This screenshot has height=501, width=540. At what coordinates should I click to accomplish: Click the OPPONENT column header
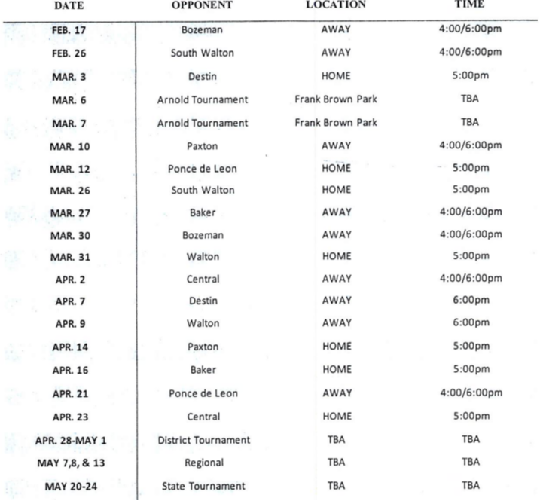tap(203, 5)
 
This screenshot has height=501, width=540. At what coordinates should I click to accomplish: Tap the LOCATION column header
tap(336, 5)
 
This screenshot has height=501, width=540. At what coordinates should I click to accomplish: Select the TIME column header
tap(470, 4)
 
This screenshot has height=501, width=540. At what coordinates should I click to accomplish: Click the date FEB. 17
tap(69, 30)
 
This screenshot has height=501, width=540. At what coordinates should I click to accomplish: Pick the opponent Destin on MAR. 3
tap(203, 76)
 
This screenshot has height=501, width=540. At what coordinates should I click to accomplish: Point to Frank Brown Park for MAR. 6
tap(336, 99)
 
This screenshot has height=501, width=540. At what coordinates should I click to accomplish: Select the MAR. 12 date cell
tap(69, 168)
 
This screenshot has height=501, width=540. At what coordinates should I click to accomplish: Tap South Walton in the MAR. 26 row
tap(203, 190)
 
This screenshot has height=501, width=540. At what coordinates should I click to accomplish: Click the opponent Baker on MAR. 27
tap(203, 212)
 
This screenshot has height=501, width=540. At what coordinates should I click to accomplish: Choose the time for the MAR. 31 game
tap(470, 256)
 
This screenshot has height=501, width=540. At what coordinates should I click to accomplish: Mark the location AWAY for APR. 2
tap(336, 279)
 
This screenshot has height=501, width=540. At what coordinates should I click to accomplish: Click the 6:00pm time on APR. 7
tap(470, 301)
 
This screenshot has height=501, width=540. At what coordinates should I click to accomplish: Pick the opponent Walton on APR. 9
tap(203, 323)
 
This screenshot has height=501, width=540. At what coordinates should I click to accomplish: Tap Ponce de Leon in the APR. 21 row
tap(203, 393)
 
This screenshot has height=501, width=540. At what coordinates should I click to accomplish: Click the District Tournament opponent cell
tap(203, 440)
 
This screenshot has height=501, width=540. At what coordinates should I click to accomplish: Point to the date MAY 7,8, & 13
tap(71, 463)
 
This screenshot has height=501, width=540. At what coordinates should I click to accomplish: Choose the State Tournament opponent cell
tap(203, 487)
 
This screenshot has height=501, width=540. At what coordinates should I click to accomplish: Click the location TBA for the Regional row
tap(336, 463)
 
